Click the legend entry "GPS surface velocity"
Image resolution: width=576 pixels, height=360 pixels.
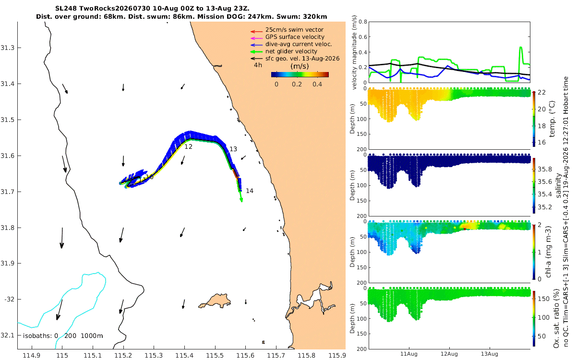(295, 37)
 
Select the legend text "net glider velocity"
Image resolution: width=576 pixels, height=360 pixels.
(291, 51)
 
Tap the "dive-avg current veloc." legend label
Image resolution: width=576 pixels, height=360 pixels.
(299, 44)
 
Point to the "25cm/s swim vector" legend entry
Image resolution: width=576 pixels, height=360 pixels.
(294, 30)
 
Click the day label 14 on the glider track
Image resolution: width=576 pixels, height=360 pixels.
(250, 191)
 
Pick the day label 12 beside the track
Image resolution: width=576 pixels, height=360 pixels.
(188, 146)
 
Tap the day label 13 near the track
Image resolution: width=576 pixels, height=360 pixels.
(233, 149)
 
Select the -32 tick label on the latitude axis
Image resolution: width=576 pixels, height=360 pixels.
(9, 300)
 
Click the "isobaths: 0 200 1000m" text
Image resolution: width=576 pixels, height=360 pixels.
(63, 336)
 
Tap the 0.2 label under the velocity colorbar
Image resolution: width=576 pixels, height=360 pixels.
(297, 84)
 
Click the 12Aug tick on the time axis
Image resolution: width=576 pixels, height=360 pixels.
(449, 354)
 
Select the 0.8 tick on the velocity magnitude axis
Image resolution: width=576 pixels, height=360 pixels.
(363, 22)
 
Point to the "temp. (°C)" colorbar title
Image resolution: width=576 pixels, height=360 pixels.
(552, 119)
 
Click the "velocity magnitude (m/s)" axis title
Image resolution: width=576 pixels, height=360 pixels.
(354, 52)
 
